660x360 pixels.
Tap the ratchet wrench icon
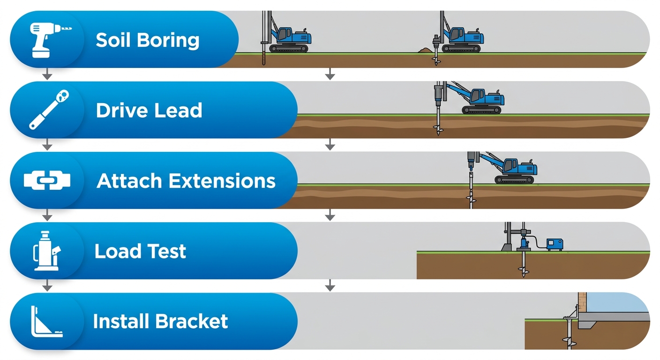(x=46, y=110)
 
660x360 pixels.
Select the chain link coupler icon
(x=46, y=180)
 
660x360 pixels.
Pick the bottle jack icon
(x=46, y=251)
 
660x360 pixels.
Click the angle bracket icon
(x=46, y=322)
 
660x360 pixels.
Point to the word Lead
(x=179, y=111)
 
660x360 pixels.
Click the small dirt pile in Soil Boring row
(x=426, y=49)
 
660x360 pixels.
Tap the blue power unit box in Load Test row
(x=554, y=244)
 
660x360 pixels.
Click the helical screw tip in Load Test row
(x=523, y=270)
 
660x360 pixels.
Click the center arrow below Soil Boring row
(x=330, y=74)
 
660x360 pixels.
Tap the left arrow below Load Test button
(x=46, y=285)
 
